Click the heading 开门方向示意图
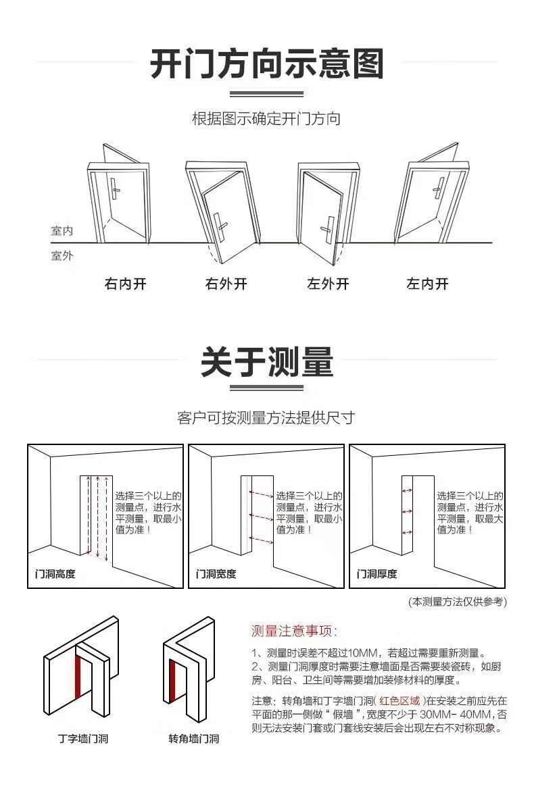pyautogui.click(x=266, y=65)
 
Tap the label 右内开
pyautogui.click(x=125, y=284)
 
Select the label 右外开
pyautogui.click(x=226, y=284)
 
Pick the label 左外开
pyautogui.click(x=328, y=284)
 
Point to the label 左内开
pyautogui.click(x=427, y=284)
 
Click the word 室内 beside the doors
pyautogui.click(x=62, y=231)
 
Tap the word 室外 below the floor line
pyautogui.click(x=62, y=256)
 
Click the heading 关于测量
pyautogui.click(x=266, y=363)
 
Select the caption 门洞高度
pyautogui.click(x=55, y=574)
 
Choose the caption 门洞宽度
pyautogui.click(x=216, y=574)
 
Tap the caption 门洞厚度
pyautogui.click(x=377, y=574)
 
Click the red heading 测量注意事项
pyautogui.click(x=293, y=631)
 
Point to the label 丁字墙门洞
pyautogui.click(x=82, y=738)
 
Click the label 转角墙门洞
pyautogui.click(x=193, y=738)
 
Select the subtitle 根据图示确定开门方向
pyautogui.click(x=266, y=120)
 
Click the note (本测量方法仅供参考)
pyautogui.click(x=457, y=601)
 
